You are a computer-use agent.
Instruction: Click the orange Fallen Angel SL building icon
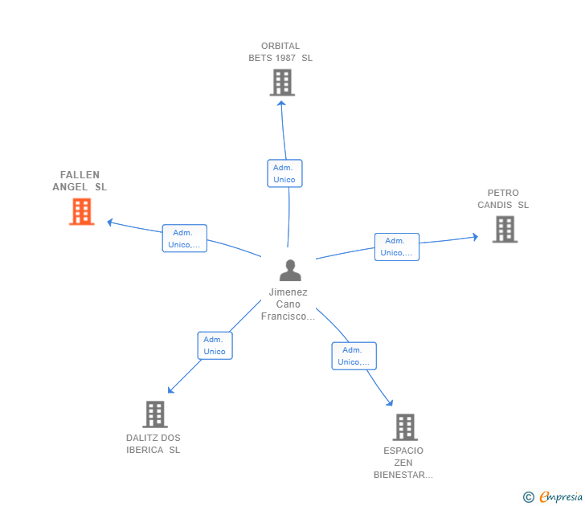[x=81, y=211]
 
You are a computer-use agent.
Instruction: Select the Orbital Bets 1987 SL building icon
[x=281, y=83]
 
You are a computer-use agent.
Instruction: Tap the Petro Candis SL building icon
[x=504, y=230]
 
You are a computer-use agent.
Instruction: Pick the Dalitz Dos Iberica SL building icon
[x=154, y=414]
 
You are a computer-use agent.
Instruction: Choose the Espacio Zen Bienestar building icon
[x=404, y=427]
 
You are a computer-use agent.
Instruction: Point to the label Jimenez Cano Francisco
[x=288, y=304]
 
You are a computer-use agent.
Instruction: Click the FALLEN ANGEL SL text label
[x=80, y=181]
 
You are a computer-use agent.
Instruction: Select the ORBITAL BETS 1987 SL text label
[x=280, y=52]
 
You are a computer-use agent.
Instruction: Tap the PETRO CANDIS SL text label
[x=503, y=199]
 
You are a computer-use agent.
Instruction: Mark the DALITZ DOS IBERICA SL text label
[x=153, y=444]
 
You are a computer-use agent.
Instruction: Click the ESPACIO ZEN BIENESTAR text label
[x=403, y=463]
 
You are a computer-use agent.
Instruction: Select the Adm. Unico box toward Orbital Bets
[x=284, y=173]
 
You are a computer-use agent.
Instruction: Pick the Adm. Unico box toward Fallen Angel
[x=185, y=239]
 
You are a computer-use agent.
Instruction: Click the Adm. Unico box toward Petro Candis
[x=397, y=247]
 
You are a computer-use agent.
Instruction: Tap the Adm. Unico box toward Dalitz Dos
[x=215, y=345]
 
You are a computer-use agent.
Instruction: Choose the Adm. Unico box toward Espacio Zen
[x=354, y=356]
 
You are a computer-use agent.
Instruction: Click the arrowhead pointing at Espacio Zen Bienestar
[x=390, y=402]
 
